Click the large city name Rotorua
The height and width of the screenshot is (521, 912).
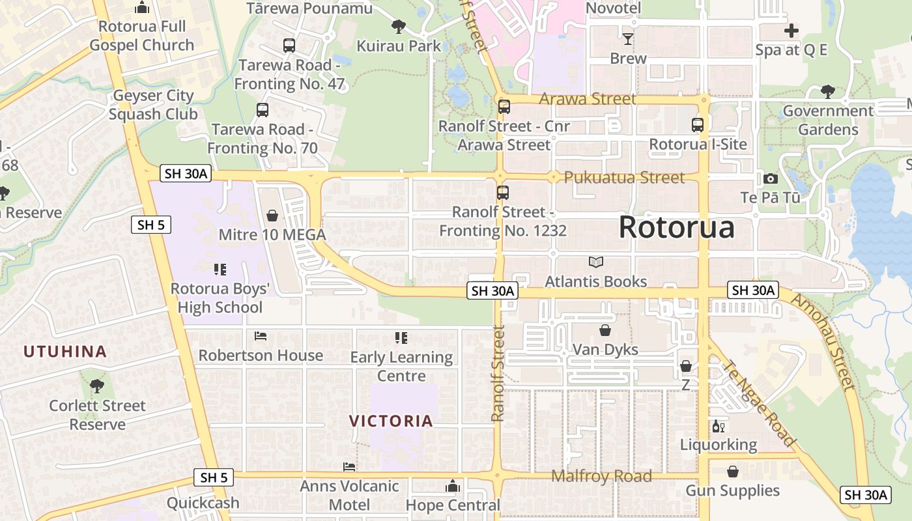(676, 227)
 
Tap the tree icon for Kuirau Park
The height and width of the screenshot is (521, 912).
(398, 27)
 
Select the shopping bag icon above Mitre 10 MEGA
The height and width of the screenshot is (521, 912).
(272, 215)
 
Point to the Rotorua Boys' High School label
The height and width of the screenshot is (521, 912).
(220, 298)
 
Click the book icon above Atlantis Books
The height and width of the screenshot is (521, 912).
(595, 262)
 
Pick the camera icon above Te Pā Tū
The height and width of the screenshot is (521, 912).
(771, 178)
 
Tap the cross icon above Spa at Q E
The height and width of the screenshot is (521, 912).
(791, 31)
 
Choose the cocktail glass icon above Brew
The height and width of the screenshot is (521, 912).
(627, 39)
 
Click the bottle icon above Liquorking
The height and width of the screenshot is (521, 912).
(719, 427)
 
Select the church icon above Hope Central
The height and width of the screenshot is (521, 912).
(453, 486)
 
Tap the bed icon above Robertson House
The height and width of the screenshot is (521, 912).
(261, 336)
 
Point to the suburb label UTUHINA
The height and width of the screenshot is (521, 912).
(65, 352)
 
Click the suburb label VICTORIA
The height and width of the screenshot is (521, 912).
(391, 421)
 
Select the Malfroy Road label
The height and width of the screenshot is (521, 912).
(601, 476)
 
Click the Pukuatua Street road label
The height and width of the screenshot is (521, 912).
(624, 177)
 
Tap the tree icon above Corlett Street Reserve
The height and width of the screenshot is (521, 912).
(97, 386)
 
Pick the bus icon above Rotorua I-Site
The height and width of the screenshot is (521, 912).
(698, 124)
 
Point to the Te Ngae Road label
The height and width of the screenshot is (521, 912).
(760, 404)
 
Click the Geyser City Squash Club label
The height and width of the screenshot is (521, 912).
(153, 104)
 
